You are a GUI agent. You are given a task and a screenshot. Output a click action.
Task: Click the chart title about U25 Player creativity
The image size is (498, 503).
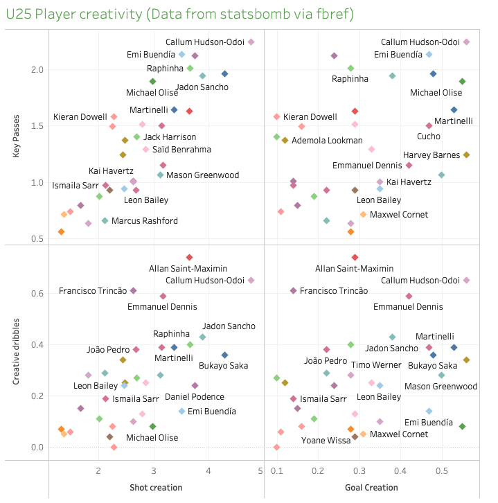click(x=180, y=14)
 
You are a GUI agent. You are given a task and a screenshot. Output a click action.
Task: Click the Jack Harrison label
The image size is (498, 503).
click(x=170, y=137)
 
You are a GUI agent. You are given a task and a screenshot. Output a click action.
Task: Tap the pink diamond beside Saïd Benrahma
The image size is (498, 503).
click(x=145, y=150)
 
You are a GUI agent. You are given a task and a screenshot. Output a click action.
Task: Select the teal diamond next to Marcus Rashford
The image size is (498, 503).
click(x=105, y=221)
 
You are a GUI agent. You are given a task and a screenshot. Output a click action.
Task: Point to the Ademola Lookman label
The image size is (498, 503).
click(x=327, y=141)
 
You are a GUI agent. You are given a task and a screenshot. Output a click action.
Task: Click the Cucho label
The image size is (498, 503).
click(x=429, y=136)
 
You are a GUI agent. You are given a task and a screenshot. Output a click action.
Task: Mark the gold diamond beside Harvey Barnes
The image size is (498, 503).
click(x=467, y=155)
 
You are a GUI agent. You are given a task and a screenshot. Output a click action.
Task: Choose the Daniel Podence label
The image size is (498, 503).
click(x=195, y=397)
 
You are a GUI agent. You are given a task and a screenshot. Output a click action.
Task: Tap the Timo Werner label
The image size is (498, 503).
click(x=376, y=365)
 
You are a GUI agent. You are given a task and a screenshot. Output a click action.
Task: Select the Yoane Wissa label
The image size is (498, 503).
click(x=326, y=441)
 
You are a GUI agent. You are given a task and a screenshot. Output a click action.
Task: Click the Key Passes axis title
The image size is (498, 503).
click(x=16, y=136)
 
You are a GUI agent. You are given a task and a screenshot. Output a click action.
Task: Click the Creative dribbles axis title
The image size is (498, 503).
click(x=16, y=351)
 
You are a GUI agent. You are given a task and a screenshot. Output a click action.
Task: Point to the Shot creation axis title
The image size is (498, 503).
click(x=156, y=488)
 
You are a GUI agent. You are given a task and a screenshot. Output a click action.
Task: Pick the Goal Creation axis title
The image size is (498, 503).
click(x=371, y=488)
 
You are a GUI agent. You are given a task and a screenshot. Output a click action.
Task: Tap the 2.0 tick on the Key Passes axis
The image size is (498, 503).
click(x=37, y=70)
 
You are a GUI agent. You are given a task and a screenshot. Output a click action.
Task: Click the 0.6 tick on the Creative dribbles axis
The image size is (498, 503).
click(x=37, y=294)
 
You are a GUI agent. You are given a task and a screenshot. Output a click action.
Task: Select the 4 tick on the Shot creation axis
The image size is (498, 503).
click(x=208, y=471)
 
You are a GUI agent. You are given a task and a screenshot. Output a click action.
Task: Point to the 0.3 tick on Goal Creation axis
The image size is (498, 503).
click(x=359, y=471)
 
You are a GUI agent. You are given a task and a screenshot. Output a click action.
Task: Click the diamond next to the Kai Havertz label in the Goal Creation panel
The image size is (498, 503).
click(x=380, y=182)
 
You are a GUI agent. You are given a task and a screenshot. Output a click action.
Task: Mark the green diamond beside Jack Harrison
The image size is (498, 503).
click(x=137, y=137)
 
